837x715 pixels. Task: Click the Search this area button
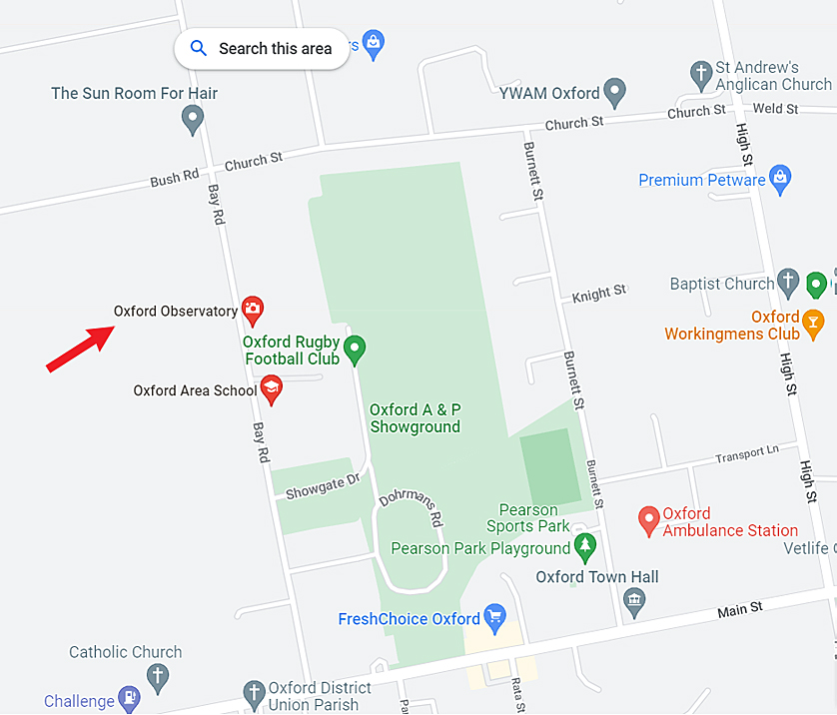click(x=262, y=48)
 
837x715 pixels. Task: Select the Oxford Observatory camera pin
click(x=253, y=310)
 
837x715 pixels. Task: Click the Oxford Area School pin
click(x=271, y=388)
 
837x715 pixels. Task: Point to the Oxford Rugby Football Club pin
click(x=355, y=350)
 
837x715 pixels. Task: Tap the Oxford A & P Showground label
click(x=415, y=418)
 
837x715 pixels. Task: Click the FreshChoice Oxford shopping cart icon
click(x=493, y=616)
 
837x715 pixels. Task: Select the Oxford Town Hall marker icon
click(x=632, y=600)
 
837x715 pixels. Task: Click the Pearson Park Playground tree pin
click(x=585, y=546)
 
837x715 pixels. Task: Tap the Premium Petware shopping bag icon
click(x=781, y=179)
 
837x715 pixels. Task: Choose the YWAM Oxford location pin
click(x=615, y=92)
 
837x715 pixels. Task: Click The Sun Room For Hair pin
click(x=193, y=120)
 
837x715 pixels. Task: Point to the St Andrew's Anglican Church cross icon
click(x=701, y=73)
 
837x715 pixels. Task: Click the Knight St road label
click(x=599, y=294)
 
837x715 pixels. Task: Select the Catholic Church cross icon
click(x=158, y=676)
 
